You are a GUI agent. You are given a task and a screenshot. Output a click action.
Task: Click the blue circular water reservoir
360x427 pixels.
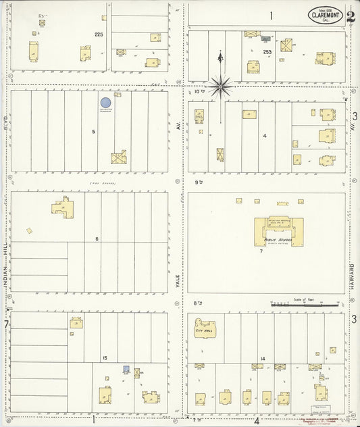click(106, 103)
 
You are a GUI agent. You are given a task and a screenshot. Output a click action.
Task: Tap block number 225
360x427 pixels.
click(99, 34)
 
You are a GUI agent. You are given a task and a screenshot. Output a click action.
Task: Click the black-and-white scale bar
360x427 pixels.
click(305, 305)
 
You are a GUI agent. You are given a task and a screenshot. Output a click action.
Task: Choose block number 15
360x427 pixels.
click(105, 357)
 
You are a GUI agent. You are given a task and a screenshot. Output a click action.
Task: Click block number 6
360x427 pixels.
click(97, 238)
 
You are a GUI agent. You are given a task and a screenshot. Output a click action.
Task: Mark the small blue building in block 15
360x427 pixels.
click(126, 369)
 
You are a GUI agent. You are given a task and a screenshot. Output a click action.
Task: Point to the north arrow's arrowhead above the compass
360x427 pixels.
click(220, 57)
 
